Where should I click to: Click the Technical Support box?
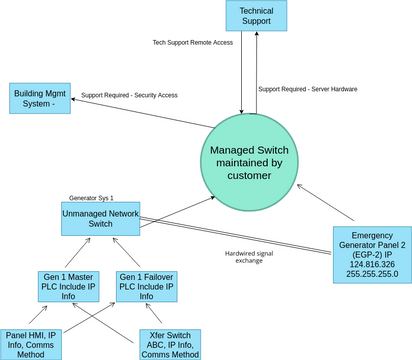tap(256, 16)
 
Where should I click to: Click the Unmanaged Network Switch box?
tap(101, 217)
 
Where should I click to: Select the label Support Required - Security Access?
tap(129, 95)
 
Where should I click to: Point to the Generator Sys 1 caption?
tap(91, 198)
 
